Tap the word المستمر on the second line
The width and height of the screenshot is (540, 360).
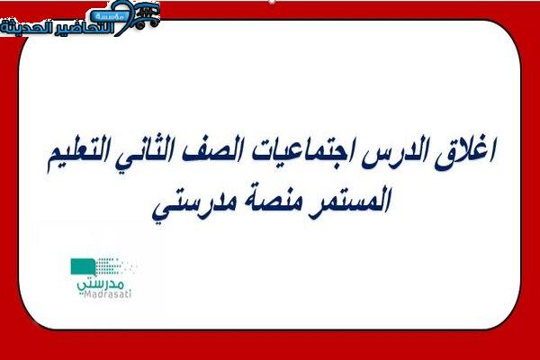349,202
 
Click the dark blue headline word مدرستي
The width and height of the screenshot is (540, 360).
192,204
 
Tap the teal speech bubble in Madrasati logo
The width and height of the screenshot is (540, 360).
83,267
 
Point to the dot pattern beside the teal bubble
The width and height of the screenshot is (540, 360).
113,266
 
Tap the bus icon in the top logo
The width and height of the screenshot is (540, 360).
147,14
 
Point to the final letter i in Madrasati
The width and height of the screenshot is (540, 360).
130,294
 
